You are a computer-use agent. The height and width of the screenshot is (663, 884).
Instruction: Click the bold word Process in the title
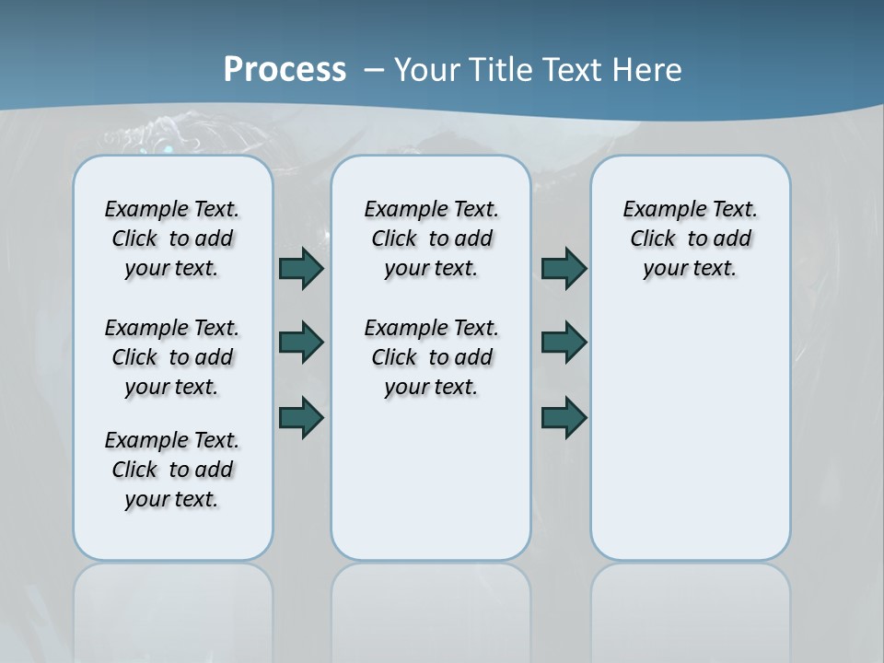285,69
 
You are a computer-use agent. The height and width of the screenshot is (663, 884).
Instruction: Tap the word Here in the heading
646,70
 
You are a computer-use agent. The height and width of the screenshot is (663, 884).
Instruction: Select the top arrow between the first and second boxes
301,268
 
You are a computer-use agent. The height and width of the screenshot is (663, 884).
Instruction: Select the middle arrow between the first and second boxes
301,343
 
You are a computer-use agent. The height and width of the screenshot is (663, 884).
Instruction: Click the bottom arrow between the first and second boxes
301,417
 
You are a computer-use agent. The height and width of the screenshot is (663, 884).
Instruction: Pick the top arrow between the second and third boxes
564,268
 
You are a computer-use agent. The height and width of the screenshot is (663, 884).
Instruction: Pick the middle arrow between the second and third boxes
564,343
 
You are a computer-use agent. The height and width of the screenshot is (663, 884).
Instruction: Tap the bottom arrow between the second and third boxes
564,417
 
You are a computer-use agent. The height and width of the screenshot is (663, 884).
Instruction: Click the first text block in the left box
172,238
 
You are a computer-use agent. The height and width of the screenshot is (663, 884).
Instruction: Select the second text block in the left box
172,357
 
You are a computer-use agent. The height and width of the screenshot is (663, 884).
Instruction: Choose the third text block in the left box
172,470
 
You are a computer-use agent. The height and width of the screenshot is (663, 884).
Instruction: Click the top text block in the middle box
431,238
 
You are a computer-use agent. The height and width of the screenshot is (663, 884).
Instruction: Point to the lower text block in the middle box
431,357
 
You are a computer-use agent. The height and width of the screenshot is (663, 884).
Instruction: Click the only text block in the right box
690,238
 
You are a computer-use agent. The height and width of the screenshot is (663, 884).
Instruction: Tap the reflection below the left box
173,608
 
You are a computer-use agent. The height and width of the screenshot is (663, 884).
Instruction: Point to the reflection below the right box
691,608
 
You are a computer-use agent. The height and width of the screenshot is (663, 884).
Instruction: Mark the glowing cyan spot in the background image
167,146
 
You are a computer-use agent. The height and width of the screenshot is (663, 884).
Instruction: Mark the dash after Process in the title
374,70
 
